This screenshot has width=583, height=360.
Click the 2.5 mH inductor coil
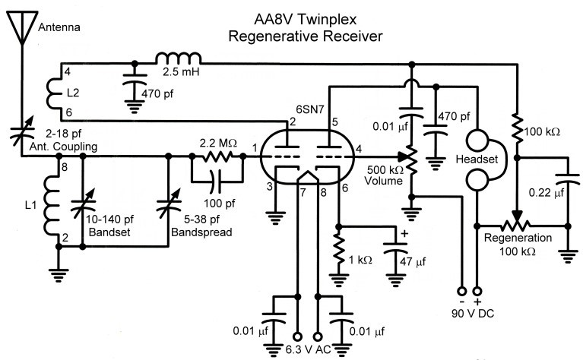179,59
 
